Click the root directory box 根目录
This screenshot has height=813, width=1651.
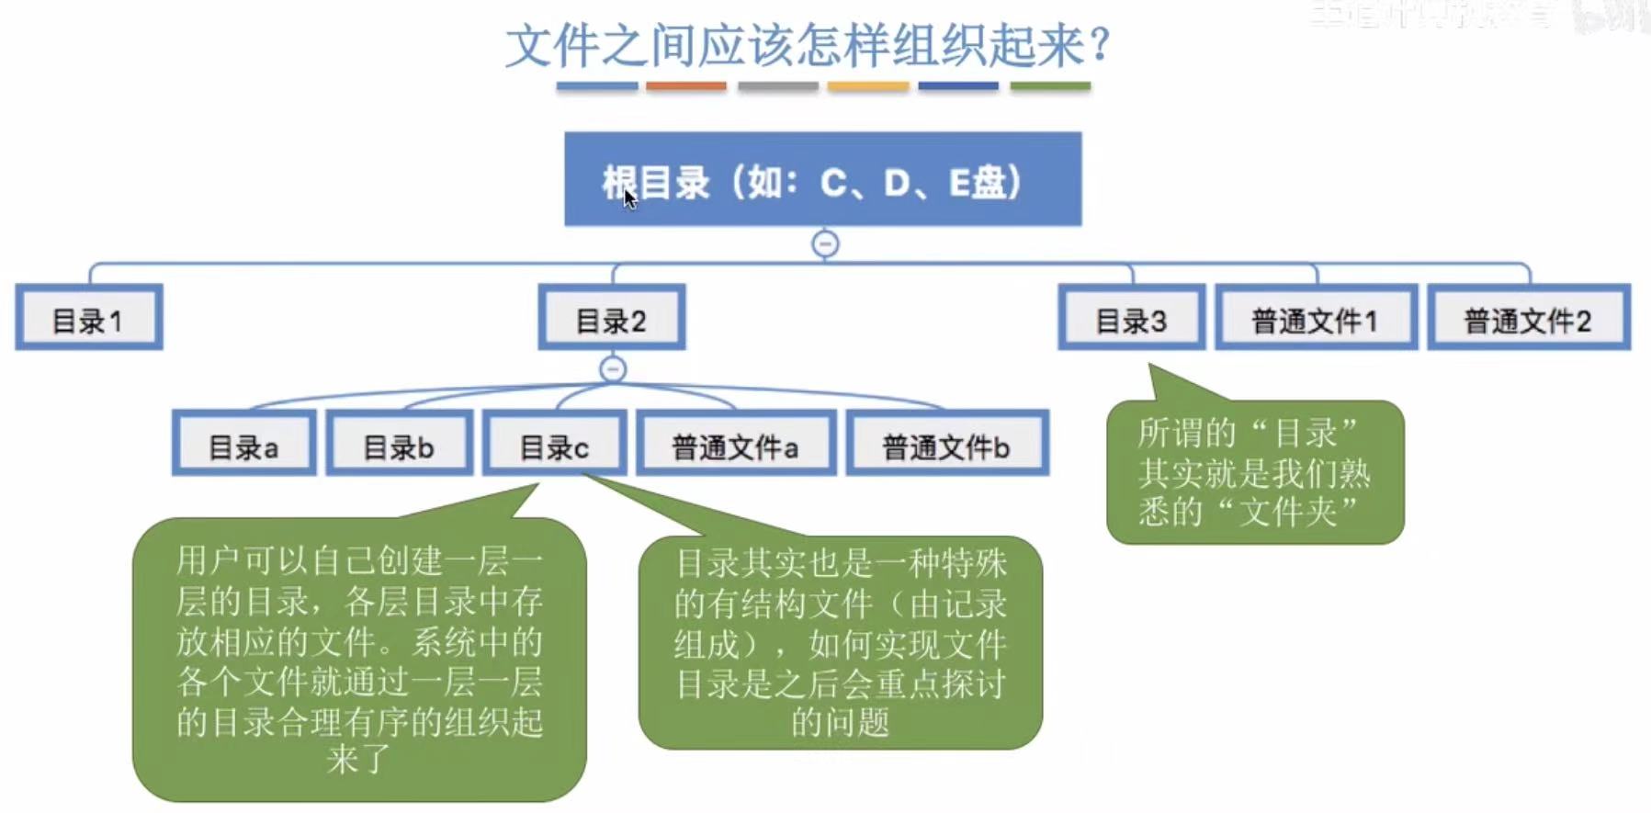pos(822,179)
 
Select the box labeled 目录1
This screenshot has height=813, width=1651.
pos(89,318)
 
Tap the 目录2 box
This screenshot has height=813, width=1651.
pos(612,318)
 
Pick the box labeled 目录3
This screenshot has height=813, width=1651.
pos(1131,318)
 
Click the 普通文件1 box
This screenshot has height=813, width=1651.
pos(1316,318)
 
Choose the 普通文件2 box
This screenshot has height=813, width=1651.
pos(1528,318)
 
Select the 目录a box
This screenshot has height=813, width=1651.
pos(244,444)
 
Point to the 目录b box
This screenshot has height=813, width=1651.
pos(400,444)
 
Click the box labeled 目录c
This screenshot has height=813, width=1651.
pos(555,444)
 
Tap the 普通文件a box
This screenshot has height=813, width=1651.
pos(736,444)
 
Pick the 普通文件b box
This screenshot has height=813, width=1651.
pos(946,444)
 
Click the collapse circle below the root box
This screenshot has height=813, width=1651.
pos(825,244)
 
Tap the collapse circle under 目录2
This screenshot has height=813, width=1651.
pos(613,369)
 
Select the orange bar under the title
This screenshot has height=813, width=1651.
pos(685,86)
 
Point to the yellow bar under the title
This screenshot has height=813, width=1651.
pos(867,86)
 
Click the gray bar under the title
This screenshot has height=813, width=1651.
pos(777,86)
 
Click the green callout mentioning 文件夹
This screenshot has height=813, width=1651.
pos(1255,472)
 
